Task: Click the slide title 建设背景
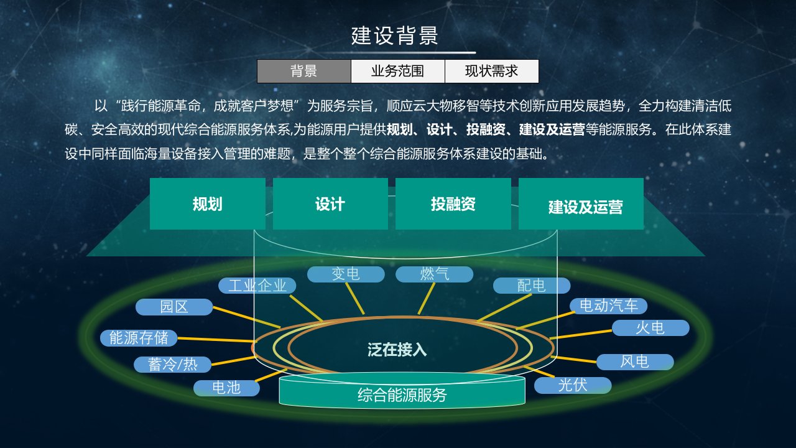coord(395,35)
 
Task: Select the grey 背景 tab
coord(304,71)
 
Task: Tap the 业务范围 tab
coord(397,71)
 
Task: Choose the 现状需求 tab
coord(492,71)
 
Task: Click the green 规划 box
coord(208,203)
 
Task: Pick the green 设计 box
coord(330,203)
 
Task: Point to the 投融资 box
coord(453,203)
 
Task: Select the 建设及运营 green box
coord(581,203)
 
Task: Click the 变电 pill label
coord(346,274)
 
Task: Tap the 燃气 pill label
coord(434,274)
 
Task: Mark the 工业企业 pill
coord(257,286)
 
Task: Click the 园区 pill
coord(174,307)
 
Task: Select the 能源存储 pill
coord(139,338)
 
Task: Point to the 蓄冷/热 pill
coord(172,365)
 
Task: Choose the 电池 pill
coord(226,388)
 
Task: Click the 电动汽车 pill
coord(608,306)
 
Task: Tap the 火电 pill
coord(650,328)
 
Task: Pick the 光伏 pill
coord(573,385)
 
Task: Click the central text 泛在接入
coord(397,350)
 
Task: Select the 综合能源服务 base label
coord(402,395)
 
